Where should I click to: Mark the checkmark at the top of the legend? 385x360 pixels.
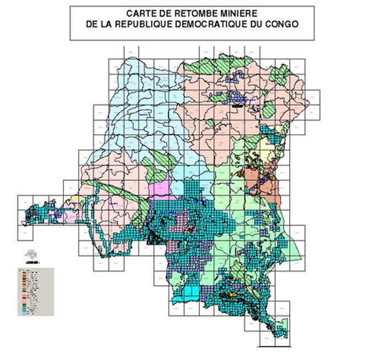point(20,270)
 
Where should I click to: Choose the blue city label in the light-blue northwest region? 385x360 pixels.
point(144,114)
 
